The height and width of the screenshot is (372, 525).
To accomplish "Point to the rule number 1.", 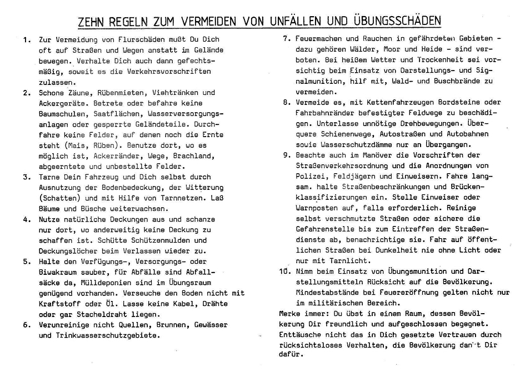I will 26,40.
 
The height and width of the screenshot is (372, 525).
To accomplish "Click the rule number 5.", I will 26,262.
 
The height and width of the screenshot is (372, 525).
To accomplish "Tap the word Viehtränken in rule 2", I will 175,93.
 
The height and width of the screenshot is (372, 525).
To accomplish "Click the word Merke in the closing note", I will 291,314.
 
